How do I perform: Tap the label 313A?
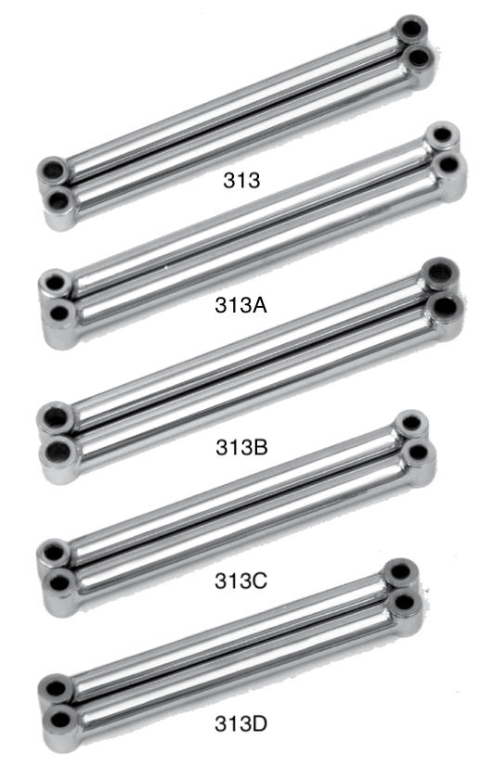point(240,308)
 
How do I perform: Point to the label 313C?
point(240,581)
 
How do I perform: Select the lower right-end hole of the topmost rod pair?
point(420,57)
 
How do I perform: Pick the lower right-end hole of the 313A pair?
point(447,165)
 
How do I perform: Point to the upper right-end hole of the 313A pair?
point(443,138)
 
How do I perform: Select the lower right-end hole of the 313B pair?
point(446,304)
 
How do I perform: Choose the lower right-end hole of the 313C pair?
point(418,453)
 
